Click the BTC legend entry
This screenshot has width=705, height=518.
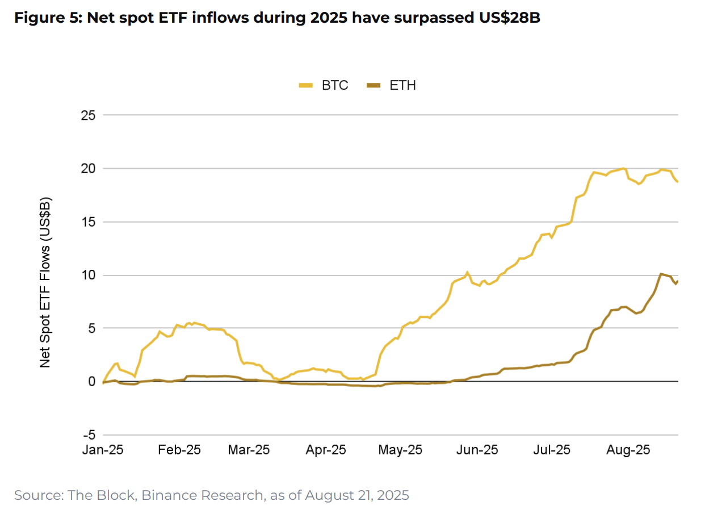[324, 86]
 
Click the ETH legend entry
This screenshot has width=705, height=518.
[391, 86]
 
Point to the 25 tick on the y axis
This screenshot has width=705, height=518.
[87, 115]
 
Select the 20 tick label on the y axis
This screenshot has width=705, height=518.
[87, 169]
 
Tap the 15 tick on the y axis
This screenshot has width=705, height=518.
[87, 222]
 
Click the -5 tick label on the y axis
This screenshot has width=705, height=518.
[89, 435]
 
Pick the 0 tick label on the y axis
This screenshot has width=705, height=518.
[91, 382]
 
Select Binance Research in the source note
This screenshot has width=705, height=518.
[202, 495]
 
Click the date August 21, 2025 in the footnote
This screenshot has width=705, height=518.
[356, 495]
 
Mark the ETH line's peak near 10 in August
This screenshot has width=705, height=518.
[661, 274]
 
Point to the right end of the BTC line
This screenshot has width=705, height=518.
[677, 182]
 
